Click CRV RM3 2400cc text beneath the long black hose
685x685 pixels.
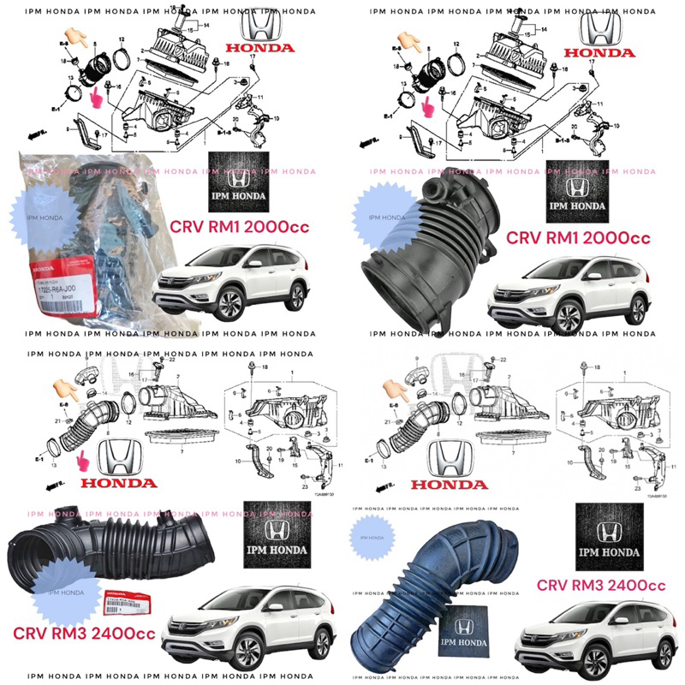click(x=84, y=634)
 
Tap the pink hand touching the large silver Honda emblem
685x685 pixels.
click(x=83, y=463)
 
